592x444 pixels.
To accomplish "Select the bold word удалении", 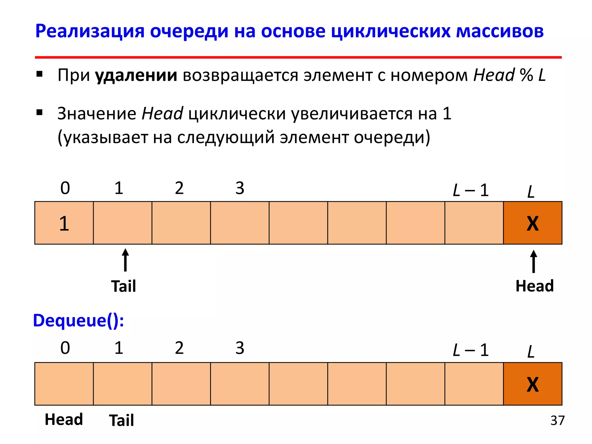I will click(x=136, y=75).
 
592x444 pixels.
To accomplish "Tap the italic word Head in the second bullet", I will click(x=162, y=113).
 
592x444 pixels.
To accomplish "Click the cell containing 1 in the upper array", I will click(x=64, y=223).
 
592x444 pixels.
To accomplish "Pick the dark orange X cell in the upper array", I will click(x=532, y=223).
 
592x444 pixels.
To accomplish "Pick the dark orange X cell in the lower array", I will click(x=532, y=384).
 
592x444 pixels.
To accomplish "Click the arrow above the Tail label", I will click(x=125, y=260).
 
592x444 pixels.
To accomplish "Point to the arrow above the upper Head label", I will click(x=533, y=261).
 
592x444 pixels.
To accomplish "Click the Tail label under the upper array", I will click(x=123, y=286).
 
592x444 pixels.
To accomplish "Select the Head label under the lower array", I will click(x=64, y=419).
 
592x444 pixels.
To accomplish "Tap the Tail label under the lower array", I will click(x=121, y=420).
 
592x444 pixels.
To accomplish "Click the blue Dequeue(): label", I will click(x=78, y=321).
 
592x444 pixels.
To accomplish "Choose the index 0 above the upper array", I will click(x=65, y=188).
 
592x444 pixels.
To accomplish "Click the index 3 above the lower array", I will click(x=240, y=348).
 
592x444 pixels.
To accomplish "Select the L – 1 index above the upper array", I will click(x=471, y=190).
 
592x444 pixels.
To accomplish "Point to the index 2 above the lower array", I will click(x=179, y=348).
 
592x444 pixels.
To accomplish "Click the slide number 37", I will click(x=557, y=421).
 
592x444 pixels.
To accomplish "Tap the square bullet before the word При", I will click(x=40, y=74).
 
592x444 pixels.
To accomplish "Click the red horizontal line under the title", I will click(x=298, y=57).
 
